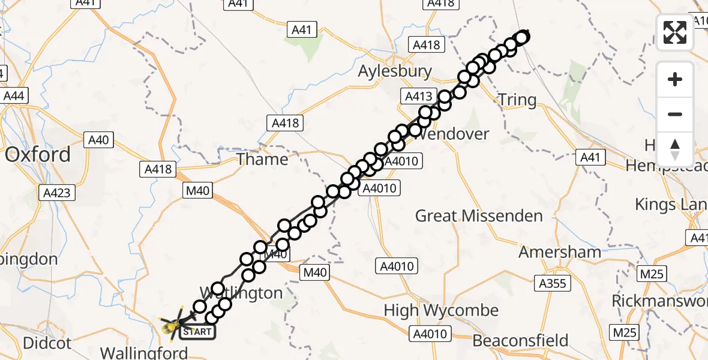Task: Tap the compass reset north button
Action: pos(675,149)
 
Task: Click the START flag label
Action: pos(196,331)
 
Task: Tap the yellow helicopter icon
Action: pos(172,326)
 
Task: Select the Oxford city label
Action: pos(37,155)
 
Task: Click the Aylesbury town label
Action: pos(395,71)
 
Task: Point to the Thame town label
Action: pos(262,159)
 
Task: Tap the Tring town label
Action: pos(517,100)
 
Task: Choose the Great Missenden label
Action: pos(479,215)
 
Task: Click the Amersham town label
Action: pos(560,252)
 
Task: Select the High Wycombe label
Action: pos(441,310)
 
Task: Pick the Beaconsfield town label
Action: pos(520,341)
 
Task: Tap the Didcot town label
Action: pos(47,343)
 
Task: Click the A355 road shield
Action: pos(552,283)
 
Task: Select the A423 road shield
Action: pos(57,193)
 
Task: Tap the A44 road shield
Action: pos(15,95)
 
